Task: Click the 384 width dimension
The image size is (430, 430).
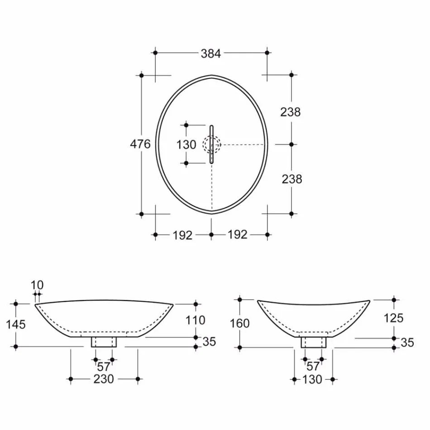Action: point(211,53)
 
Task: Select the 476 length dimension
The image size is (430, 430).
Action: point(140,144)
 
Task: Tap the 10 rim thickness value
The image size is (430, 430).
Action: point(38,285)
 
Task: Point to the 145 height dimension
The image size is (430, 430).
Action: point(16,324)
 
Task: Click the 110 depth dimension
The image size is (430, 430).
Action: point(196,320)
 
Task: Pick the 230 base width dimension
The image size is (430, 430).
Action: point(104,379)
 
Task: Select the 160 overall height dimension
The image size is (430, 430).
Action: point(239,323)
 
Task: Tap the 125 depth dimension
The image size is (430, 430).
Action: point(393,318)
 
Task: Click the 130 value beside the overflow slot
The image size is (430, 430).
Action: point(186,145)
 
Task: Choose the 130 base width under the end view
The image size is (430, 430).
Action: point(313,379)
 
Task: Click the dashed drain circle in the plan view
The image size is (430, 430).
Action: point(211,145)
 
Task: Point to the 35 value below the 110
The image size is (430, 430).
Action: point(209,342)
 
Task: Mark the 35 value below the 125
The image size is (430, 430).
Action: point(407,343)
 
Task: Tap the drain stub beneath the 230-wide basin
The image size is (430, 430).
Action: point(104,341)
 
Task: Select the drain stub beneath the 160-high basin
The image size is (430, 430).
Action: point(314,342)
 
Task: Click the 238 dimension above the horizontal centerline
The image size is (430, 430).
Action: point(291,112)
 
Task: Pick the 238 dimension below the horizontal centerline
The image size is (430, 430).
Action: point(291,179)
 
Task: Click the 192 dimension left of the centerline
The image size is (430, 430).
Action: point(183,235)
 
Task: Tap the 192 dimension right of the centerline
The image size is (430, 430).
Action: point(238,234)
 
